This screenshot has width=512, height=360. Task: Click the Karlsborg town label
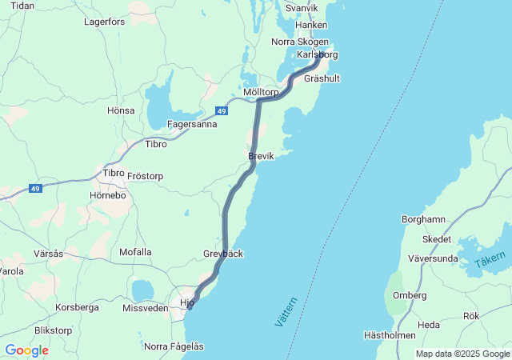click(x=317, y=54)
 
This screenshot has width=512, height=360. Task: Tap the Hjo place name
click(x=187, y=302)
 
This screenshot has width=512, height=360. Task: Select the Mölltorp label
click(x=261, y=93)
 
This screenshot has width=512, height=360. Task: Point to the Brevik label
click(x=261, y=157)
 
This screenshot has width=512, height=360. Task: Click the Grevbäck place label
click(x=223, y=254)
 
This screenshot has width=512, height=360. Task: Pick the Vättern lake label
click(x=286, y=311)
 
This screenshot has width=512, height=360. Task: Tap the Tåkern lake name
click(x=490, y=261)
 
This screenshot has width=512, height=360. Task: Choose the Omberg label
click(x=409, y=295)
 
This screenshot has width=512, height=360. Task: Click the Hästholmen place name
click(x=390, y=336)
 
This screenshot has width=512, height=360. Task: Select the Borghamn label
click(x=423, y=219)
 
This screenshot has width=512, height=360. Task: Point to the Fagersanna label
click(x=192, y=124)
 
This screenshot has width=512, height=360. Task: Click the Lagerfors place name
click(x=105, y=22)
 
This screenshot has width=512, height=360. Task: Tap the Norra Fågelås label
click(x=174, y=346)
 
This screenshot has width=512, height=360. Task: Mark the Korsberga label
click(x=78, y=307)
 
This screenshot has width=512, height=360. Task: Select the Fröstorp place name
click(x=145, y=175)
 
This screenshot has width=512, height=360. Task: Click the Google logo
click(x=26, y=350)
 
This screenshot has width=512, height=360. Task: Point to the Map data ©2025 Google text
click(x=462, y=354)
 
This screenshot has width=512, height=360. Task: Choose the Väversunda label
click(x=433, y=258)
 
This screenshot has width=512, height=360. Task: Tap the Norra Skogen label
click(x=300, y=42)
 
